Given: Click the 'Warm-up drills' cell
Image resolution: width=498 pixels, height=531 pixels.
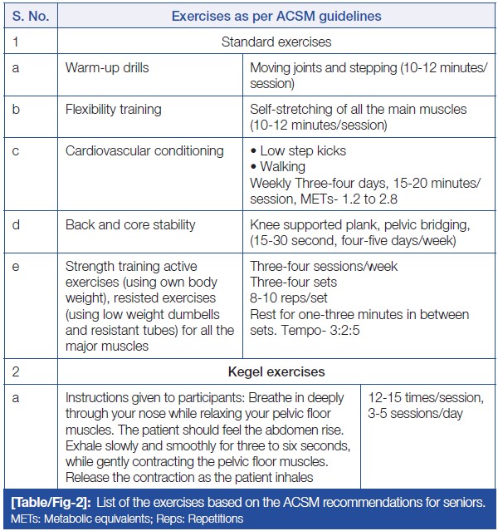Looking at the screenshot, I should tap(107, 66).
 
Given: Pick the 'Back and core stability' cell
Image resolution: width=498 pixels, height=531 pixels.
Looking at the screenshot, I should tap(130, 224).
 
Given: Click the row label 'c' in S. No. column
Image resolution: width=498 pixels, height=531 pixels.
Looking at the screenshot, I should tap(16, 151).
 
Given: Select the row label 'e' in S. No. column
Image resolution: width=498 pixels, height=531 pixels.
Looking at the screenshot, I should tap(16, 267).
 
